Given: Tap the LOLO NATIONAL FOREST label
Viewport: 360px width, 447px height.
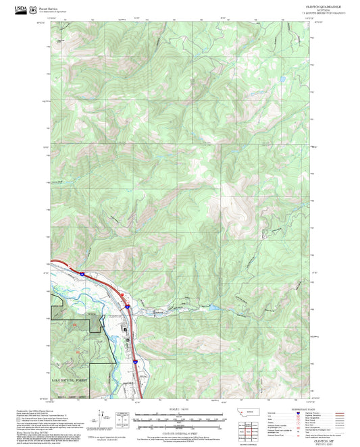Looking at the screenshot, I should point(71,381).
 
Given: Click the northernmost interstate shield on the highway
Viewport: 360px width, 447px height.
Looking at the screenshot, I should point(81,274).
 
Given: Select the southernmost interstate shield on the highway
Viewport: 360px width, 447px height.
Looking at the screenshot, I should point(135,363).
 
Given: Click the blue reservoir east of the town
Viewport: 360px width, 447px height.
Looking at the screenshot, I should point(211,307).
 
